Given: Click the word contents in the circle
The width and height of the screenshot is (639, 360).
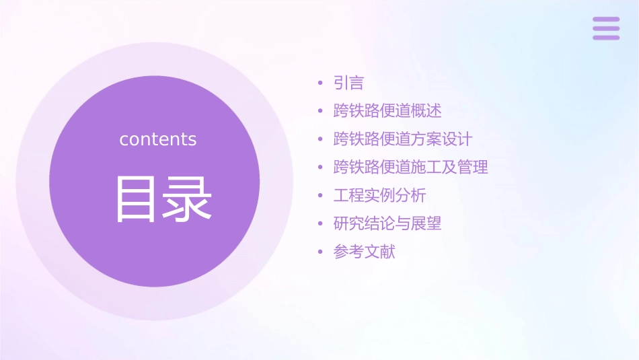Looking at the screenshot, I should pyautogui.click(x=158, y=139).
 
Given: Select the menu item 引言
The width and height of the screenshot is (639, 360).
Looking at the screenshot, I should pyautogui.click(x=348, y=83).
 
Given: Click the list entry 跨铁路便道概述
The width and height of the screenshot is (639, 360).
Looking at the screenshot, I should pyautogui.click(x=387, y=111).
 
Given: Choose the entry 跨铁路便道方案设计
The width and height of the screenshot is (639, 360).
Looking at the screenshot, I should pyautogui.click(x=403, y=139).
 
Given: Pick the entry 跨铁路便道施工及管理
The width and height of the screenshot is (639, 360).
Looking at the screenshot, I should pyautogui.click(x=410, y=168).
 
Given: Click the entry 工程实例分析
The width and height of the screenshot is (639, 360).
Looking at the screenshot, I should pyautogui.click(x=379, y=196).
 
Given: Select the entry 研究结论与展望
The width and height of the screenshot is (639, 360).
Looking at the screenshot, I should pyautogui.click(x=387, y=223).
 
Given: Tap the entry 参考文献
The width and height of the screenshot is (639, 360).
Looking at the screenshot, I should pyautogui.click(x=364, y=252).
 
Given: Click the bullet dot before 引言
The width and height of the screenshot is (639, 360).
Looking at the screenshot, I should pyautogui.click(x=321, y=84).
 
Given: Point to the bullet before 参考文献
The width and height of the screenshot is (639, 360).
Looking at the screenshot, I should pyautogui.click(x=321, y=252).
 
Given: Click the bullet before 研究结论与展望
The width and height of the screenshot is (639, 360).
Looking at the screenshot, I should pyautogui.click(x=321, y=224).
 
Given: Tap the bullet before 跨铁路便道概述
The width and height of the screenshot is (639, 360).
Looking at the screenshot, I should pyautogui.click(x=321, y=112).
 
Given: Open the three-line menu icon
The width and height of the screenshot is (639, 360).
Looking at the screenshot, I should pyautogui.click(x=606, y=28).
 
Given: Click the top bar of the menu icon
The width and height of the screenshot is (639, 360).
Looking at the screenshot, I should pyautogui.click(x=606, y=20).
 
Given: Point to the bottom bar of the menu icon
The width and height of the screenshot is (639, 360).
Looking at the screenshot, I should pyautogui.click(x=606, y=37).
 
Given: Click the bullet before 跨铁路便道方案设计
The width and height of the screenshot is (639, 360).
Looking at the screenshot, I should pyautogui.click(x=321, y=140).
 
